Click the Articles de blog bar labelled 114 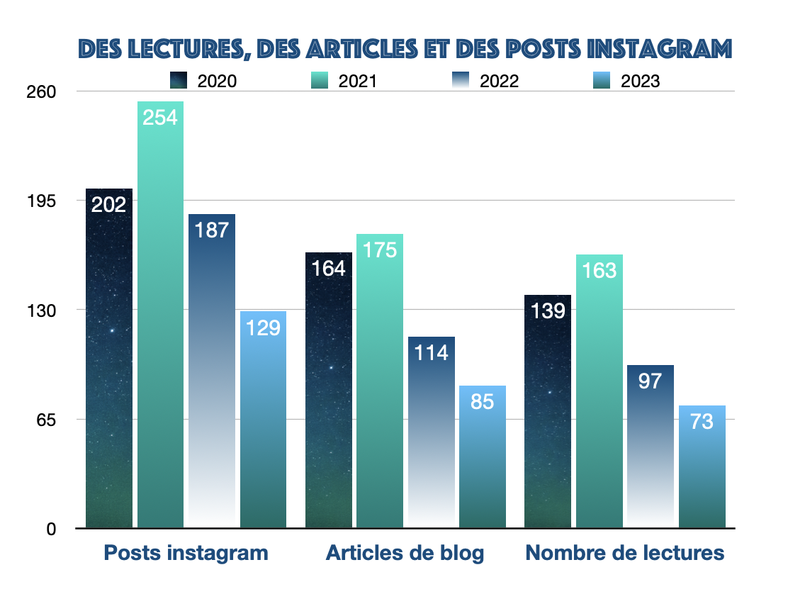pos(432,432)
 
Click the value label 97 pos(650,381)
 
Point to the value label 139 pos(547,310)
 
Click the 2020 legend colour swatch pos(179,80)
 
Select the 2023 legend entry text pos(640,81)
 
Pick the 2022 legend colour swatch pos(461,80)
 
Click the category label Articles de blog pos(405,553)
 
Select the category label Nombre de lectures pos(625,553)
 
